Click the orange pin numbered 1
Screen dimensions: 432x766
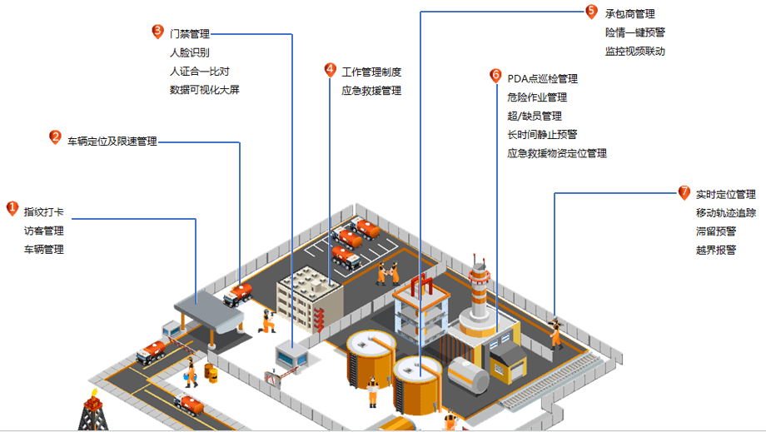coord(12,209)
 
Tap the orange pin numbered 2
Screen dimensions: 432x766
coord(56,137)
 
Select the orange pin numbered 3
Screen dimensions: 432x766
coord(157,32)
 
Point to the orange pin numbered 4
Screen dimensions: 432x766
coord(331,70)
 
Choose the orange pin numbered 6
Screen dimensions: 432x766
coord(495,76)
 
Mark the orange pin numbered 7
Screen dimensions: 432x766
coord(684,192)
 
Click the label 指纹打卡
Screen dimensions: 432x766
coord(43,212)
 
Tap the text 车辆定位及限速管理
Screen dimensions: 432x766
coord(112,142)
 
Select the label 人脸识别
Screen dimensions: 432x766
coord(189,53)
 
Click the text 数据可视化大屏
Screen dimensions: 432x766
coord(204,90)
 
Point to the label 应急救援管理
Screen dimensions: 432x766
coord(371,91)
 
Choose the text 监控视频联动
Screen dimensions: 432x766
coord(635,52)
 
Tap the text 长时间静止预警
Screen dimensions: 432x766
coord(542,135)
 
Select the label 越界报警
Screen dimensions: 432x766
coord(716,250)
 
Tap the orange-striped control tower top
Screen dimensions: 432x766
coord(478,276)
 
